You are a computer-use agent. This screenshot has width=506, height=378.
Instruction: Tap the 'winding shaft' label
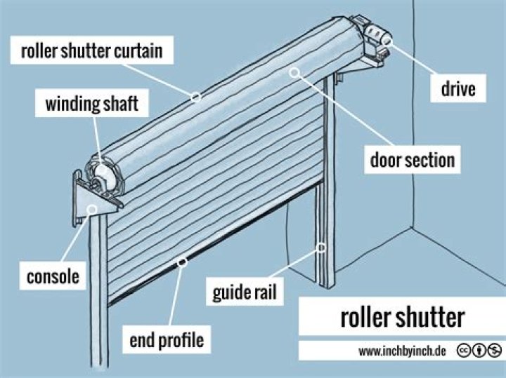click(x=91, y=105)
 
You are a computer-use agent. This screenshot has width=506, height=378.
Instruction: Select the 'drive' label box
click(x=458, y=89)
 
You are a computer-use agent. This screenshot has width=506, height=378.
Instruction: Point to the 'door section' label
click(x=413, y=161)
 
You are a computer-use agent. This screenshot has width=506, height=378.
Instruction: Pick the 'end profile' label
click(x=166, y=340)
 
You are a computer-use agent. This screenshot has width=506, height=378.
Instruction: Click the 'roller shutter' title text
click(x=402, y=317)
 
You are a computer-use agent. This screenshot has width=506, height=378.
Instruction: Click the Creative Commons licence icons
click(x=479, y=350)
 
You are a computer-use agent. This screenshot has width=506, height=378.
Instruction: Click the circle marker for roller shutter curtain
click(x=197, y=97)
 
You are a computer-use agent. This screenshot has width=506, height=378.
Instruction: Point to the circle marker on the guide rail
click(x=321, y=247)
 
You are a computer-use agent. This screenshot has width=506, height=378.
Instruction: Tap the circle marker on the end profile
click(x=183, y=262)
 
